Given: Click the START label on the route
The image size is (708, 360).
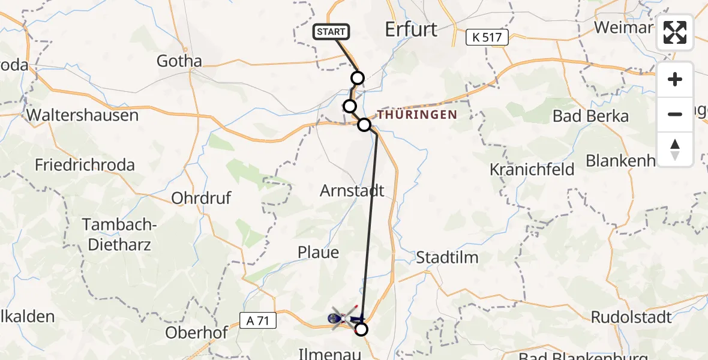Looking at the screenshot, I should pos(331,32).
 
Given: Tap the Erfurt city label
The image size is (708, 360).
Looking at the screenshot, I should pos(412,29).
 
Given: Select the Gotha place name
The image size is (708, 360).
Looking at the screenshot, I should pos(179,61).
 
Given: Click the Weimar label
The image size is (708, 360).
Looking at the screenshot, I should pos(622,28).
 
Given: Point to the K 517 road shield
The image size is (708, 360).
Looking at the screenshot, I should pos(487,38).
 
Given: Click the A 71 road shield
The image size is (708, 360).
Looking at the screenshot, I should pos(257,321).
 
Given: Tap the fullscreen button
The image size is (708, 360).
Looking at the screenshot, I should pos(675,32).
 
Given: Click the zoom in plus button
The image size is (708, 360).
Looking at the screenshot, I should pos(675,79).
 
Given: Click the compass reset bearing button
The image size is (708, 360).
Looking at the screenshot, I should pos(675,149).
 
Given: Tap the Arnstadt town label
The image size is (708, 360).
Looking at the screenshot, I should pos(352,191).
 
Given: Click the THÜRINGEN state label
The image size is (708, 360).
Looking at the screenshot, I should pos(417,115).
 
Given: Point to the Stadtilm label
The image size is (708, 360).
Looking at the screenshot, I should pos(448,258).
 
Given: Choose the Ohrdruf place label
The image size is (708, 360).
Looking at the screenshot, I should pos(201,198).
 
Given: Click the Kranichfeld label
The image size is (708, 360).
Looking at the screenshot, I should pos(532,170).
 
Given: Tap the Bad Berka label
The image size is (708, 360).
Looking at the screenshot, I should pos(590,116).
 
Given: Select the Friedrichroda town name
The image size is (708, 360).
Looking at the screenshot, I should pos(85,165).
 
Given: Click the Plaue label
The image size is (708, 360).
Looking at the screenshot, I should pos(318,253).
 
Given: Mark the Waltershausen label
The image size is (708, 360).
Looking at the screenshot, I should pos(82,115).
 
